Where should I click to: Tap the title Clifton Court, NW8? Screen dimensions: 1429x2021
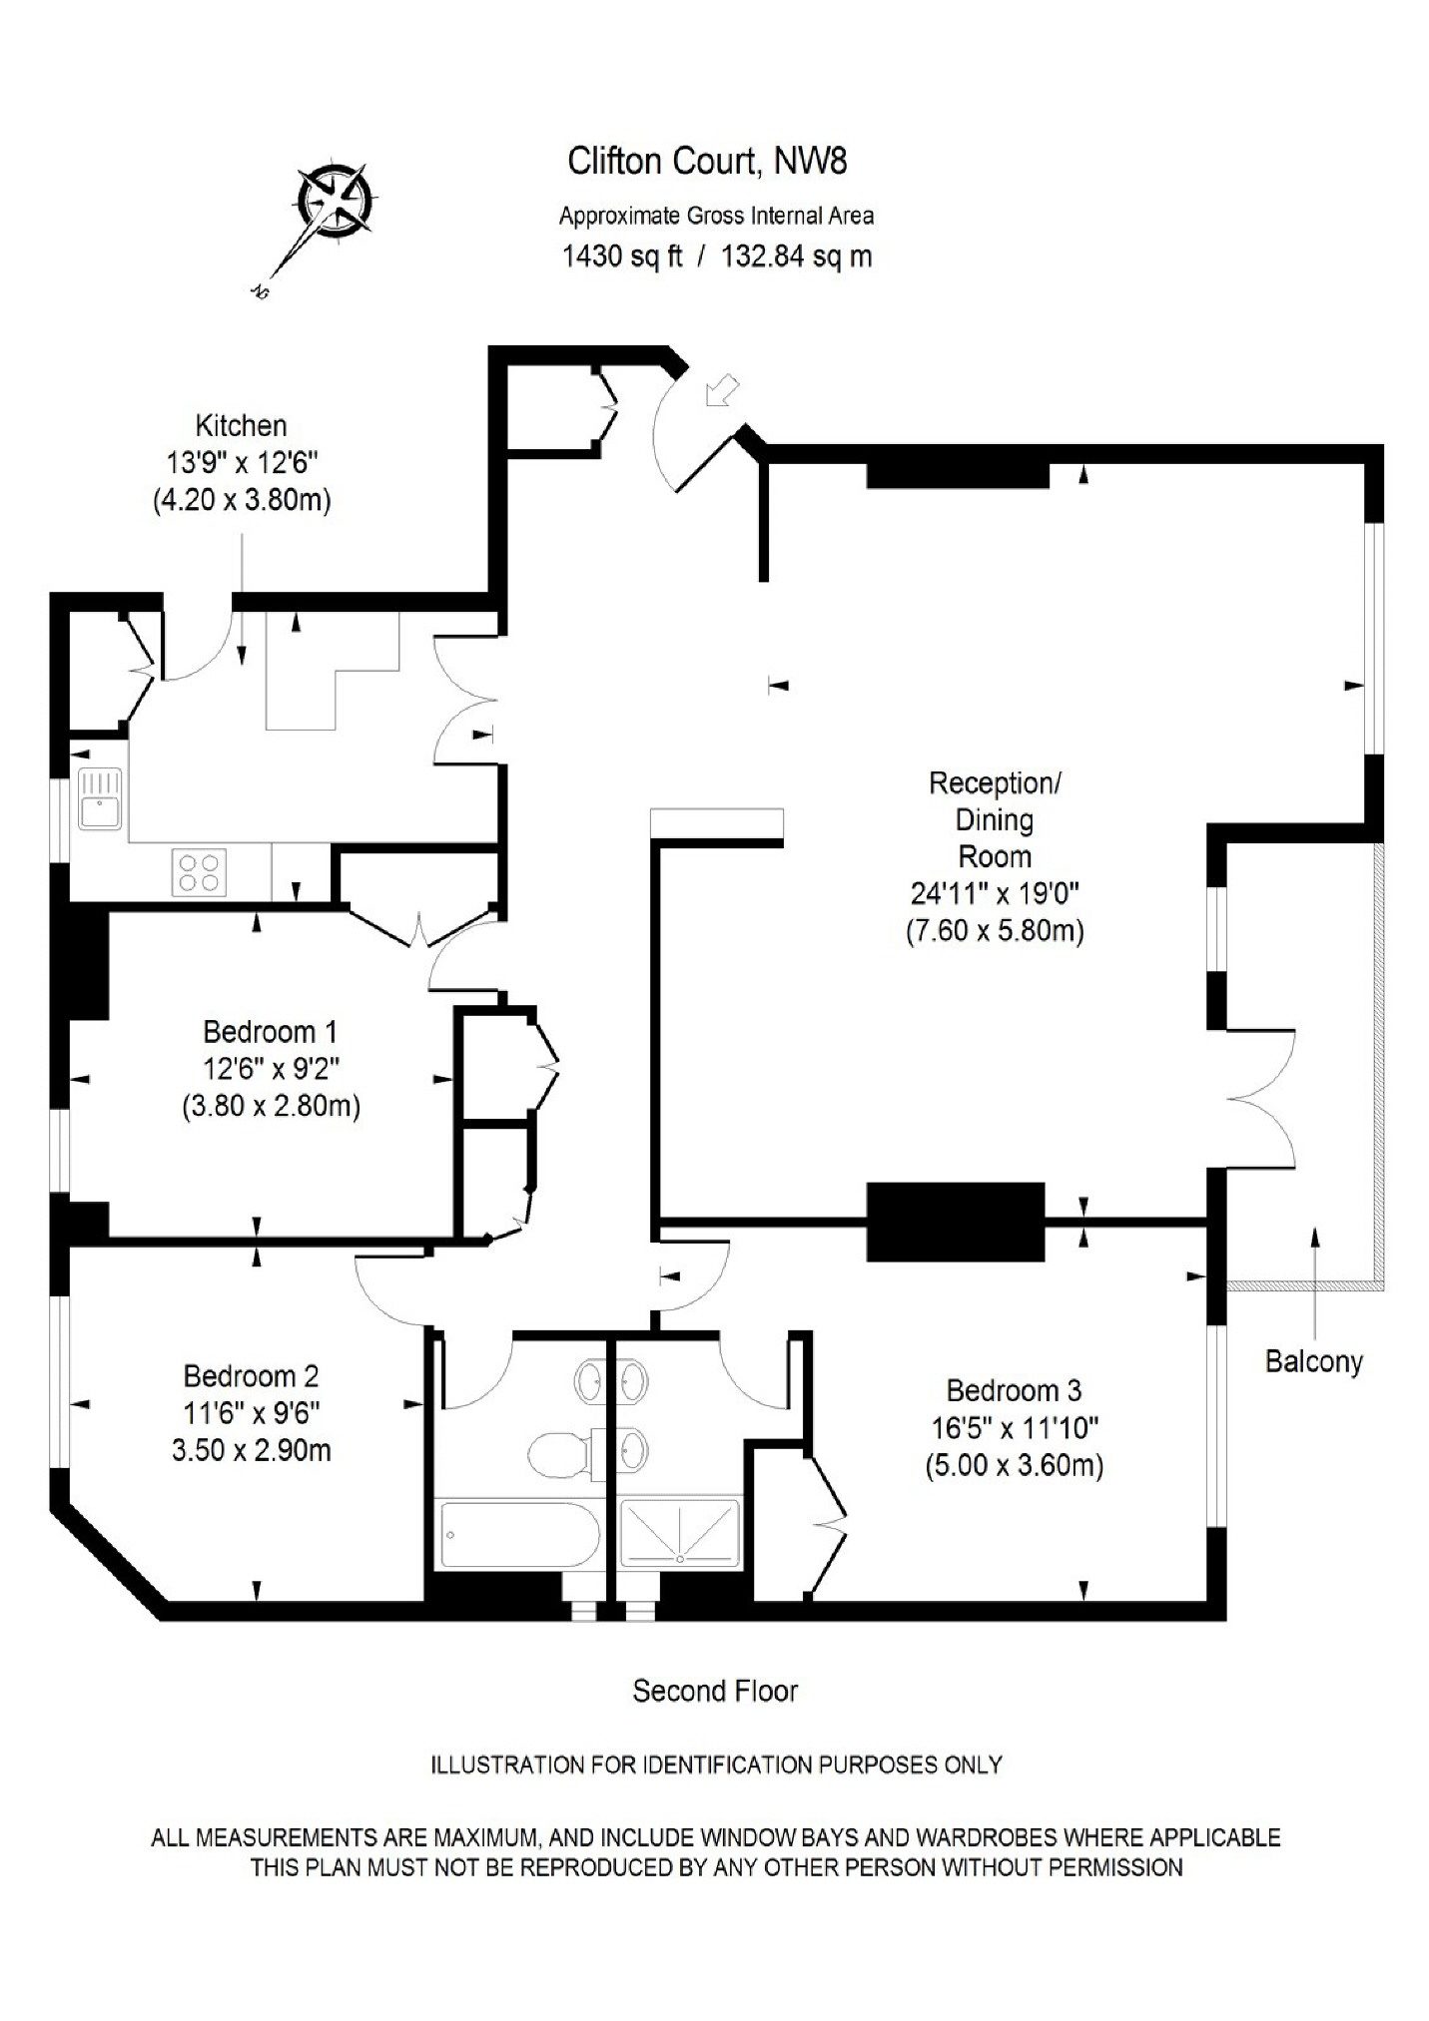coord(707,161)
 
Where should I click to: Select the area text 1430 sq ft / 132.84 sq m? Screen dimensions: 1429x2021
coord(717,256)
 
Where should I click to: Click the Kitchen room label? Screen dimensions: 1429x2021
coord(241,426)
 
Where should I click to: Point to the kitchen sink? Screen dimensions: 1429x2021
coord(101,798)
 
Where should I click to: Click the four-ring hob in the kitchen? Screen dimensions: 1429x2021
coord(199,870)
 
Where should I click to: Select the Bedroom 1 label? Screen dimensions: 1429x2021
coord(270,1031)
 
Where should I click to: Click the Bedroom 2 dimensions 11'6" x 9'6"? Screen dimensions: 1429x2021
coord(251,1413)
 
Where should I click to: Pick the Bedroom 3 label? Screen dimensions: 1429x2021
coord(1015,1390)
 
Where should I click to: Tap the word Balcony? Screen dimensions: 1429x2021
coord(1314,1361)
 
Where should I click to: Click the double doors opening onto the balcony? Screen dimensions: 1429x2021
coord(1262,1098)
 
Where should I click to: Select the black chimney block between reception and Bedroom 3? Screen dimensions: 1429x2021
coord(955,1222)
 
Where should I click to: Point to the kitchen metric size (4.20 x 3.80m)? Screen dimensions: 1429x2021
coord(242,499)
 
